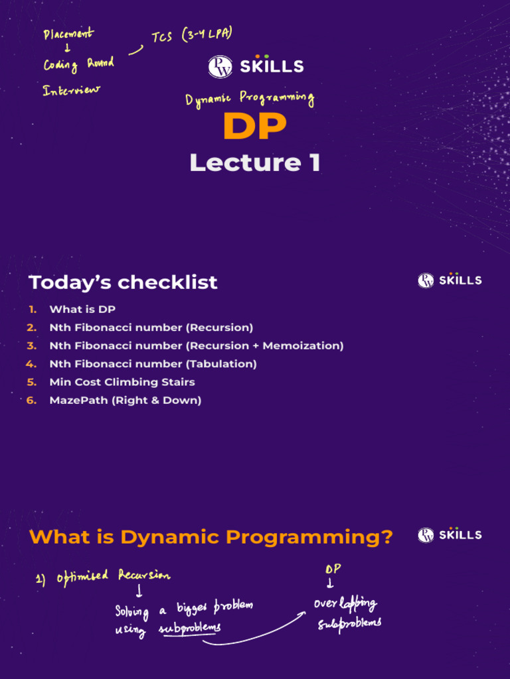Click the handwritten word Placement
(68, 34)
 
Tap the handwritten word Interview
(71, 90)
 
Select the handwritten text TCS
(162, 37)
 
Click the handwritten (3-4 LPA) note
(207, 34)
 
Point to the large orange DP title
(255, 126)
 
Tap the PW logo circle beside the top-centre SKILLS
(220, 67)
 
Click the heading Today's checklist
(123, 282)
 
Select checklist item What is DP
(82, 309)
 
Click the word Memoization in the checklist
(303, 345)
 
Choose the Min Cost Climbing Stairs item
(122, 382)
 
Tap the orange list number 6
(31, 400)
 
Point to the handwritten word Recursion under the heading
(144, 575)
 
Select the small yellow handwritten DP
(333, 568)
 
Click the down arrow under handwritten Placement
(67, 48)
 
